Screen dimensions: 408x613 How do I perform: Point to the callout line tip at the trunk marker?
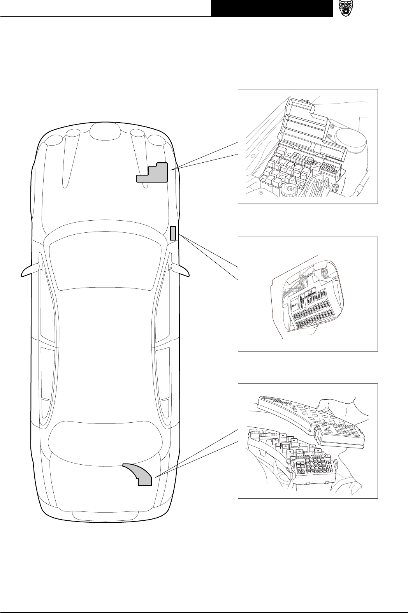pyautogui.click(x=156, y=477)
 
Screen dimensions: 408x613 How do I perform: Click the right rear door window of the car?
pyautogui.click(x=162, y=374)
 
